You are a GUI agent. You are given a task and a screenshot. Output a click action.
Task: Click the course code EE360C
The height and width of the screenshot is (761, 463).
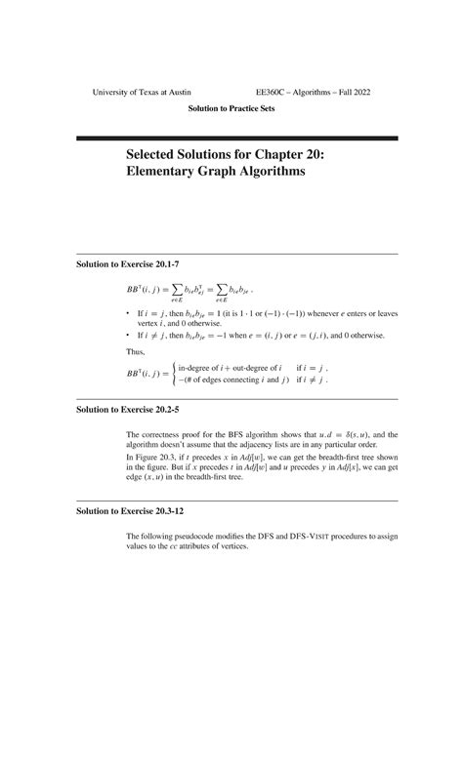(x=272, y=92)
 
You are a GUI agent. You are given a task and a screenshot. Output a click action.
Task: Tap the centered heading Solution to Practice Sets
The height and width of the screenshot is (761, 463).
(x=231, y=108)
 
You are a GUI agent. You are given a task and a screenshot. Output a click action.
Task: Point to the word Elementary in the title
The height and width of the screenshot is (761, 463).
(x=163, y=172)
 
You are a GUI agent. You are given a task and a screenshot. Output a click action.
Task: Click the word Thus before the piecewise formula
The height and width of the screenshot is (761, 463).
(x=136, y=351)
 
